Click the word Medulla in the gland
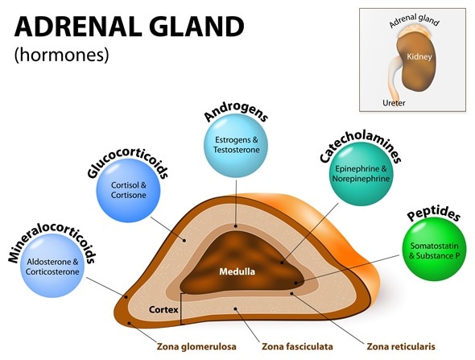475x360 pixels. click(237, 271)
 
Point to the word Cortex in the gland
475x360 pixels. click(163, 308)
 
